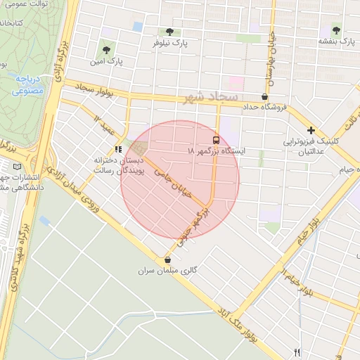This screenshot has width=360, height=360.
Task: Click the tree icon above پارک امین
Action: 105,50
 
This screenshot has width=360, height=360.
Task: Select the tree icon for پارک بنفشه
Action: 335,30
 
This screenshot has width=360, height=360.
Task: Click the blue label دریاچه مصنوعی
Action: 27,85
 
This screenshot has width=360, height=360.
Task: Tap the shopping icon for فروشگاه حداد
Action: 264,97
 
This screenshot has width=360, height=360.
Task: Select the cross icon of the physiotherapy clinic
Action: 311,131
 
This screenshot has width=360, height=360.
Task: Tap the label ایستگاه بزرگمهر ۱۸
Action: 214,151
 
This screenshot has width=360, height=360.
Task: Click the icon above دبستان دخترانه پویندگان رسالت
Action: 118,149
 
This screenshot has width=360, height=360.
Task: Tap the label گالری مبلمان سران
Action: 167,270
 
